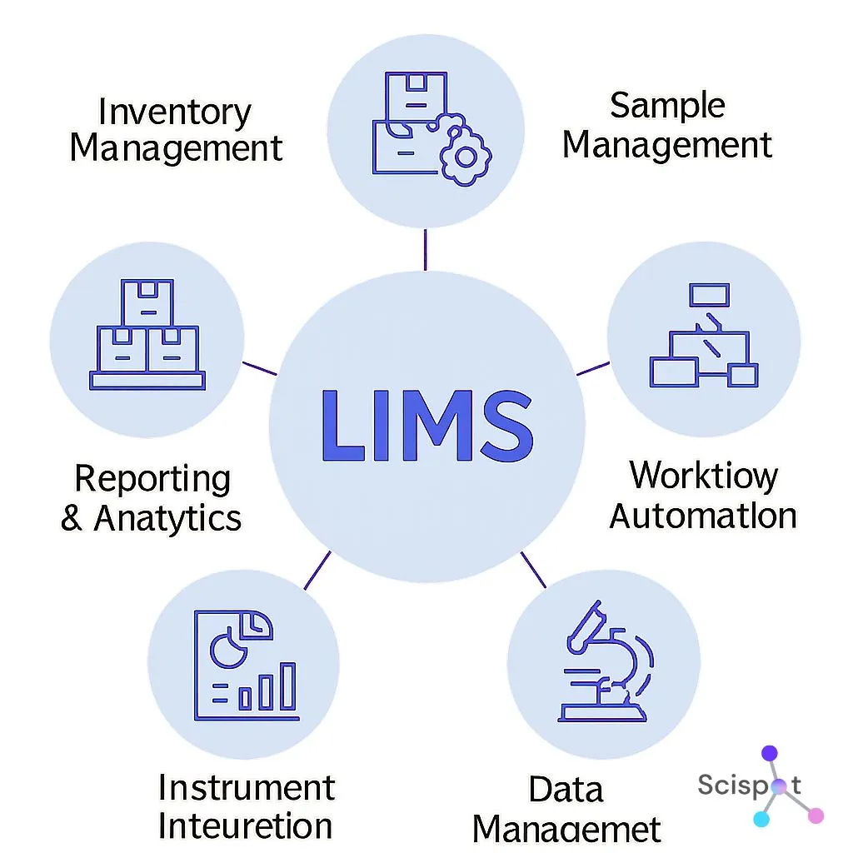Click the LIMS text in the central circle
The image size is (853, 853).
(x=426, y=426)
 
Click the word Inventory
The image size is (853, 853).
(x=174, y=112)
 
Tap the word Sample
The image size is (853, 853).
(x=667, y=106)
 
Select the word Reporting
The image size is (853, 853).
(x=152, y=479)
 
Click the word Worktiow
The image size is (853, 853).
(x=703, y=476)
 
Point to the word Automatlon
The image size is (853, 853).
(x=703, y=516)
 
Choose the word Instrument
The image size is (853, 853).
(x=247, y=787)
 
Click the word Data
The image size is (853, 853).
(x=566, y=789)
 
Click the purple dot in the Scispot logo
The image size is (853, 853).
(x=769, y=753)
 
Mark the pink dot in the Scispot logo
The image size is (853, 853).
(x=816, y=816)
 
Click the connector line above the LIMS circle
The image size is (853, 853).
(x=426, y=249)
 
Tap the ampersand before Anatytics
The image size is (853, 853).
(x=72, y=518)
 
